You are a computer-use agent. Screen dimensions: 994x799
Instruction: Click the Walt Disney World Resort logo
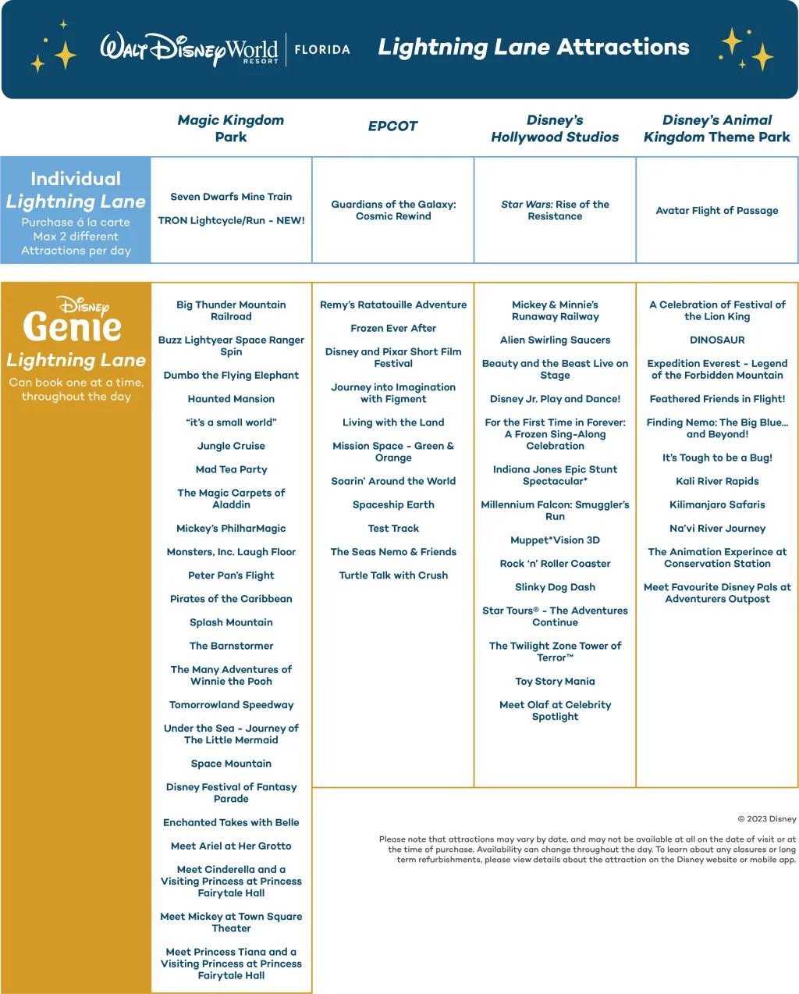tap(189, 49)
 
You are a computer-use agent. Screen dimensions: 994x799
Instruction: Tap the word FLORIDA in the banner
tap(322, 49)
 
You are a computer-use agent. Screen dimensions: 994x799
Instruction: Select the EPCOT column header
tap(393, 126)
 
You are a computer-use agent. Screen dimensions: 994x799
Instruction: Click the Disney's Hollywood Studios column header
tap(555, 129)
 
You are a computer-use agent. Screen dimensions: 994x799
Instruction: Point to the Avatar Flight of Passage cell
tap(717, 210)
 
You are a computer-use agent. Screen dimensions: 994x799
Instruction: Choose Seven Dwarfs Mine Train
tap(231, 197)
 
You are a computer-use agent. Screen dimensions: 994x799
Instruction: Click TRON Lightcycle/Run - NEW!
tap(231, 221)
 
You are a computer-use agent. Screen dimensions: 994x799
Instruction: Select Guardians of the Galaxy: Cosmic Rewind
tap(393, 210)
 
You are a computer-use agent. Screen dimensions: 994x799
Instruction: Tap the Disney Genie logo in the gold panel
tap(73, 319)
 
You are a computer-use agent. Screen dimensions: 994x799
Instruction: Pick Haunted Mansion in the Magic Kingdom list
tap(231, 399)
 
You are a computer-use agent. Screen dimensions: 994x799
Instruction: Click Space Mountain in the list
tap(231, 764)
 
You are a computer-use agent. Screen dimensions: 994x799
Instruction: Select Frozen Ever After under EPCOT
tap(393, 329)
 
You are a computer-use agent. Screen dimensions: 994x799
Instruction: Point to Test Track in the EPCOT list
tap(393, 529)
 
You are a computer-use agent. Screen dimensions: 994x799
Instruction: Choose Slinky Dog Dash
tap(555, 587)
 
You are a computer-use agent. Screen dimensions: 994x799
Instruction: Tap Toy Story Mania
tap(555, 682)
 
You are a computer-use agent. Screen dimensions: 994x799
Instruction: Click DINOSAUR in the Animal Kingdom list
tap(717, 340)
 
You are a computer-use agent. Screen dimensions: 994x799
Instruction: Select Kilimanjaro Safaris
tap(717, 505)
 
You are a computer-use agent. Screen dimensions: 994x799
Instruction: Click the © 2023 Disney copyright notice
tap(766, 819)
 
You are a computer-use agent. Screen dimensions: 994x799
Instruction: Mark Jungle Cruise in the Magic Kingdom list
tap(231, 446)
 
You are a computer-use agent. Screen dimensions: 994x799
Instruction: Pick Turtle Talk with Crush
tap(393, 575)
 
